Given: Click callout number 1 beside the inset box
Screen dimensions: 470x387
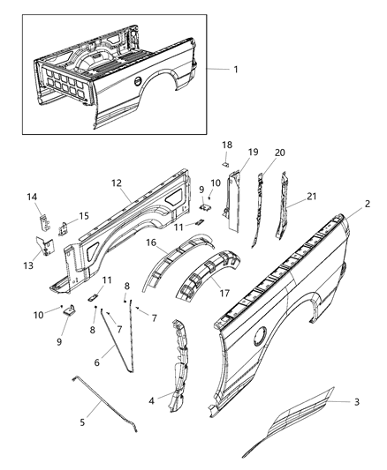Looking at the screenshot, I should coord(234,70).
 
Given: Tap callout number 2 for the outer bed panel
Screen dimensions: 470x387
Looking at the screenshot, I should coord(367,203).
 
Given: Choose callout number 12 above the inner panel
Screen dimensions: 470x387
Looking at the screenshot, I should coord(117,183).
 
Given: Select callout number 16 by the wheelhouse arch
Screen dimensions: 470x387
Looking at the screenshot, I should coord(151,242).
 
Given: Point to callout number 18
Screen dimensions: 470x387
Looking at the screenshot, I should coord(227,144).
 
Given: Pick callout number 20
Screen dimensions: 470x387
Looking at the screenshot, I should coord(279,152).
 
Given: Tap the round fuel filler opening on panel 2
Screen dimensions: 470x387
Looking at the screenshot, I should coord(259,335).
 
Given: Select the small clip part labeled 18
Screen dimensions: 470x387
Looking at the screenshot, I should coord(224,163).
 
